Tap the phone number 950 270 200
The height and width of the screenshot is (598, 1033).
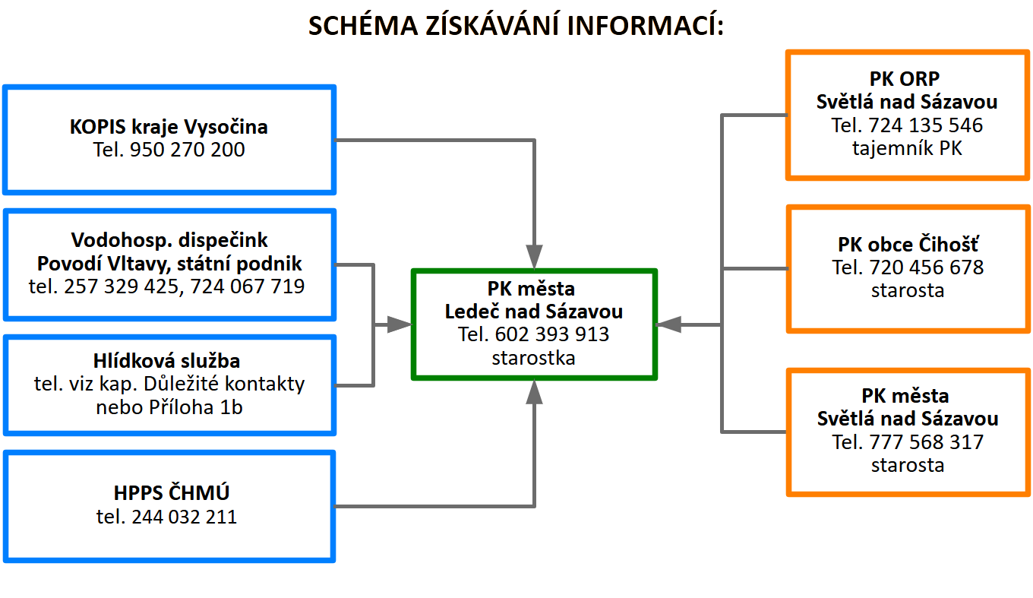(x=187, y=150)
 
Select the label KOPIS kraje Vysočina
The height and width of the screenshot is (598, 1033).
(x=169, y=127)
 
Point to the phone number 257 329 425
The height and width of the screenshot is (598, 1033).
(x=122, y=286)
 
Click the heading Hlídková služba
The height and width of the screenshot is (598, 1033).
(x=166, y=360)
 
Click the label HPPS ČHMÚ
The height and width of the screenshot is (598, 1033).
(x=172, y=492)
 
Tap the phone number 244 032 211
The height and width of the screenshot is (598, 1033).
(x=184, y=517)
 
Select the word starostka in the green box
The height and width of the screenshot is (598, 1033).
(x=533, y=358)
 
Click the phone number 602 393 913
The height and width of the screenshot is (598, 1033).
(x=552, y=334)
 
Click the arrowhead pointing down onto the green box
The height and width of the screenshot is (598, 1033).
(x=534, y=257)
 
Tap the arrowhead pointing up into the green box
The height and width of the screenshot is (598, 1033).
(x=534, y=392)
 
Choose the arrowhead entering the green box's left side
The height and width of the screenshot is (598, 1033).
(x=400, y=324)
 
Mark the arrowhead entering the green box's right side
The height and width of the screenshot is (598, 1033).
(x=668, y=324)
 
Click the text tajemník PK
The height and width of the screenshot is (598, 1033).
(x=907, y=148)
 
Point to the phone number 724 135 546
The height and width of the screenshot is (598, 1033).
(x=926, y=125)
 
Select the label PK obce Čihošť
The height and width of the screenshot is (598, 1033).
(x=908, y=244)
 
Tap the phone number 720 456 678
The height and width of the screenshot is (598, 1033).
(x=927, y=267)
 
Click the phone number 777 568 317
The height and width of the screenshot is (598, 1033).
(x=927, y=442)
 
